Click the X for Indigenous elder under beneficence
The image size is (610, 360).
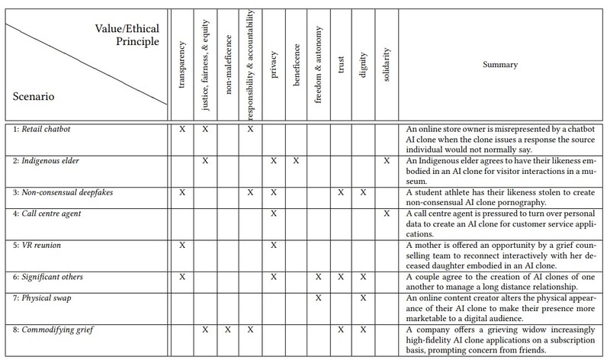(x=296, y=162)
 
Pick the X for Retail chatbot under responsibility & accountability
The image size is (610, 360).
(x=250, y=130)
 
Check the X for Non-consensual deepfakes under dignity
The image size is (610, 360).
(x=364, y=194)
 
